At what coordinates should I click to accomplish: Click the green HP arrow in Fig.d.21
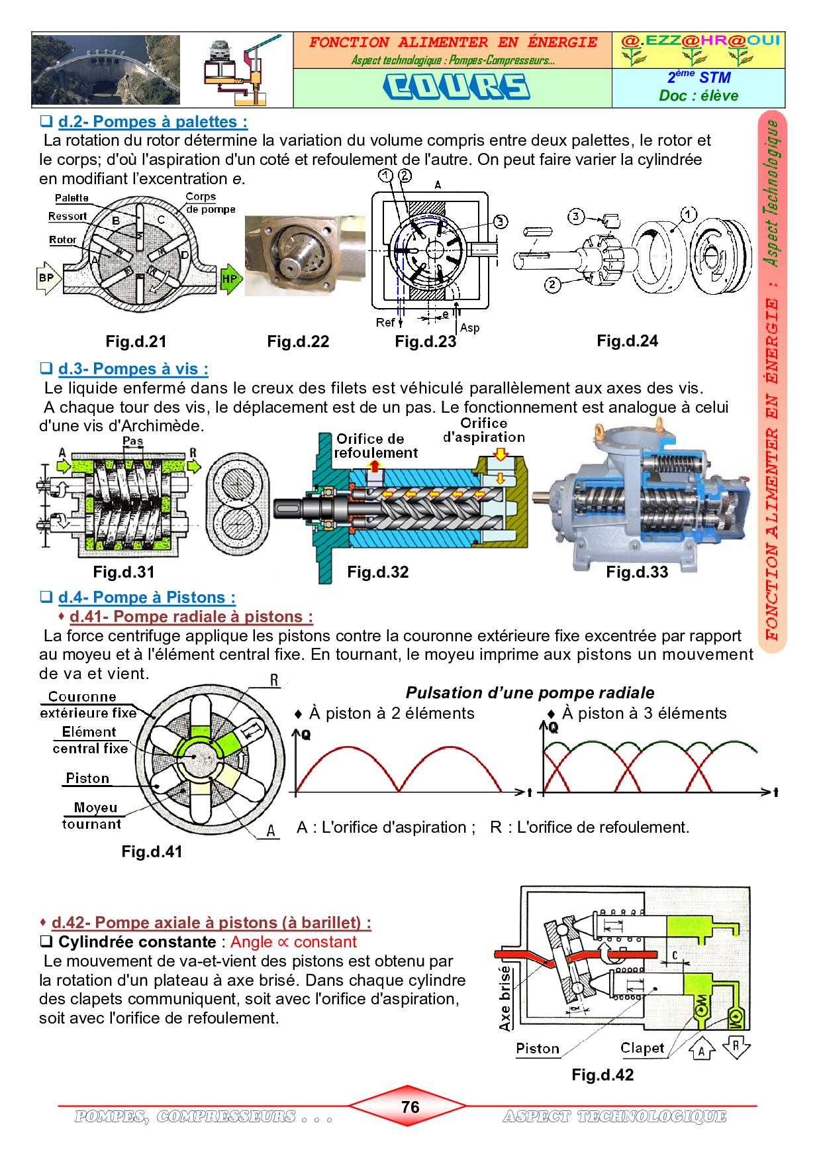click(x=228, y=279)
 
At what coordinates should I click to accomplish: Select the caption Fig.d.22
click(x=298, y=342)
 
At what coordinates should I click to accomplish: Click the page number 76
click(x=410, y=1107)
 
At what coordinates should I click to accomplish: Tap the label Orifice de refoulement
click(x=375, y=446)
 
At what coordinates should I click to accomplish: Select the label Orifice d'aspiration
click(x=484, y=430)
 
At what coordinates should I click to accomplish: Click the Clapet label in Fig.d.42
click(x=642, y=1048)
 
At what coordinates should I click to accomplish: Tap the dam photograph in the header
click(x=105, y=70)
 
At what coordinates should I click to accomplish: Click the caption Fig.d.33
click(x=637, y=572)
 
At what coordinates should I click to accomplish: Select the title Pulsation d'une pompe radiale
click(x=530, y=693)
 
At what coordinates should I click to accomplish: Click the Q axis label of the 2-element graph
click(x=305, y=734)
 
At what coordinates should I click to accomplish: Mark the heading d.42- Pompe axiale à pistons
click(x=211, y=922)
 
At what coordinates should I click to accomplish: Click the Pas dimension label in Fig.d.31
click(x=133, y=441)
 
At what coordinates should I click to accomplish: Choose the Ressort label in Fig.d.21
click(x=68, y=216)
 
